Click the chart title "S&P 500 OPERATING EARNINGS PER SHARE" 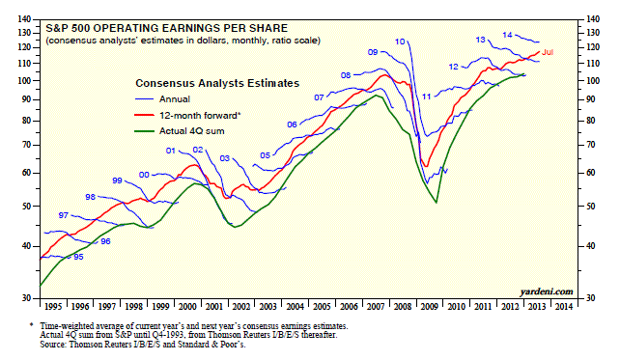pos(166,28)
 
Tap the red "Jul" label pos(548,52)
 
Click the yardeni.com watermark pos(547,291)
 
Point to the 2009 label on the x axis pos(429,307)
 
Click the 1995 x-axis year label pos(53,307)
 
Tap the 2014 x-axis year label pos(563,307)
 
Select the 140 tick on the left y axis pos(24,19)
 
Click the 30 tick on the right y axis pos(590,298)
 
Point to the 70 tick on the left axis pos(26,145)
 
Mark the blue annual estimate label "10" pos(400,42)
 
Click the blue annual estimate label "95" pos(78,257)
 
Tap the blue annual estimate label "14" pos(507,35)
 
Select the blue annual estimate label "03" pos(225,158)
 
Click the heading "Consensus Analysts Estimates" pos(217,83)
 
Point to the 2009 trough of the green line pos(437,203)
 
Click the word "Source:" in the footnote pos(53,345)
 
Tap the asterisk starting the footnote pos(32,325)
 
